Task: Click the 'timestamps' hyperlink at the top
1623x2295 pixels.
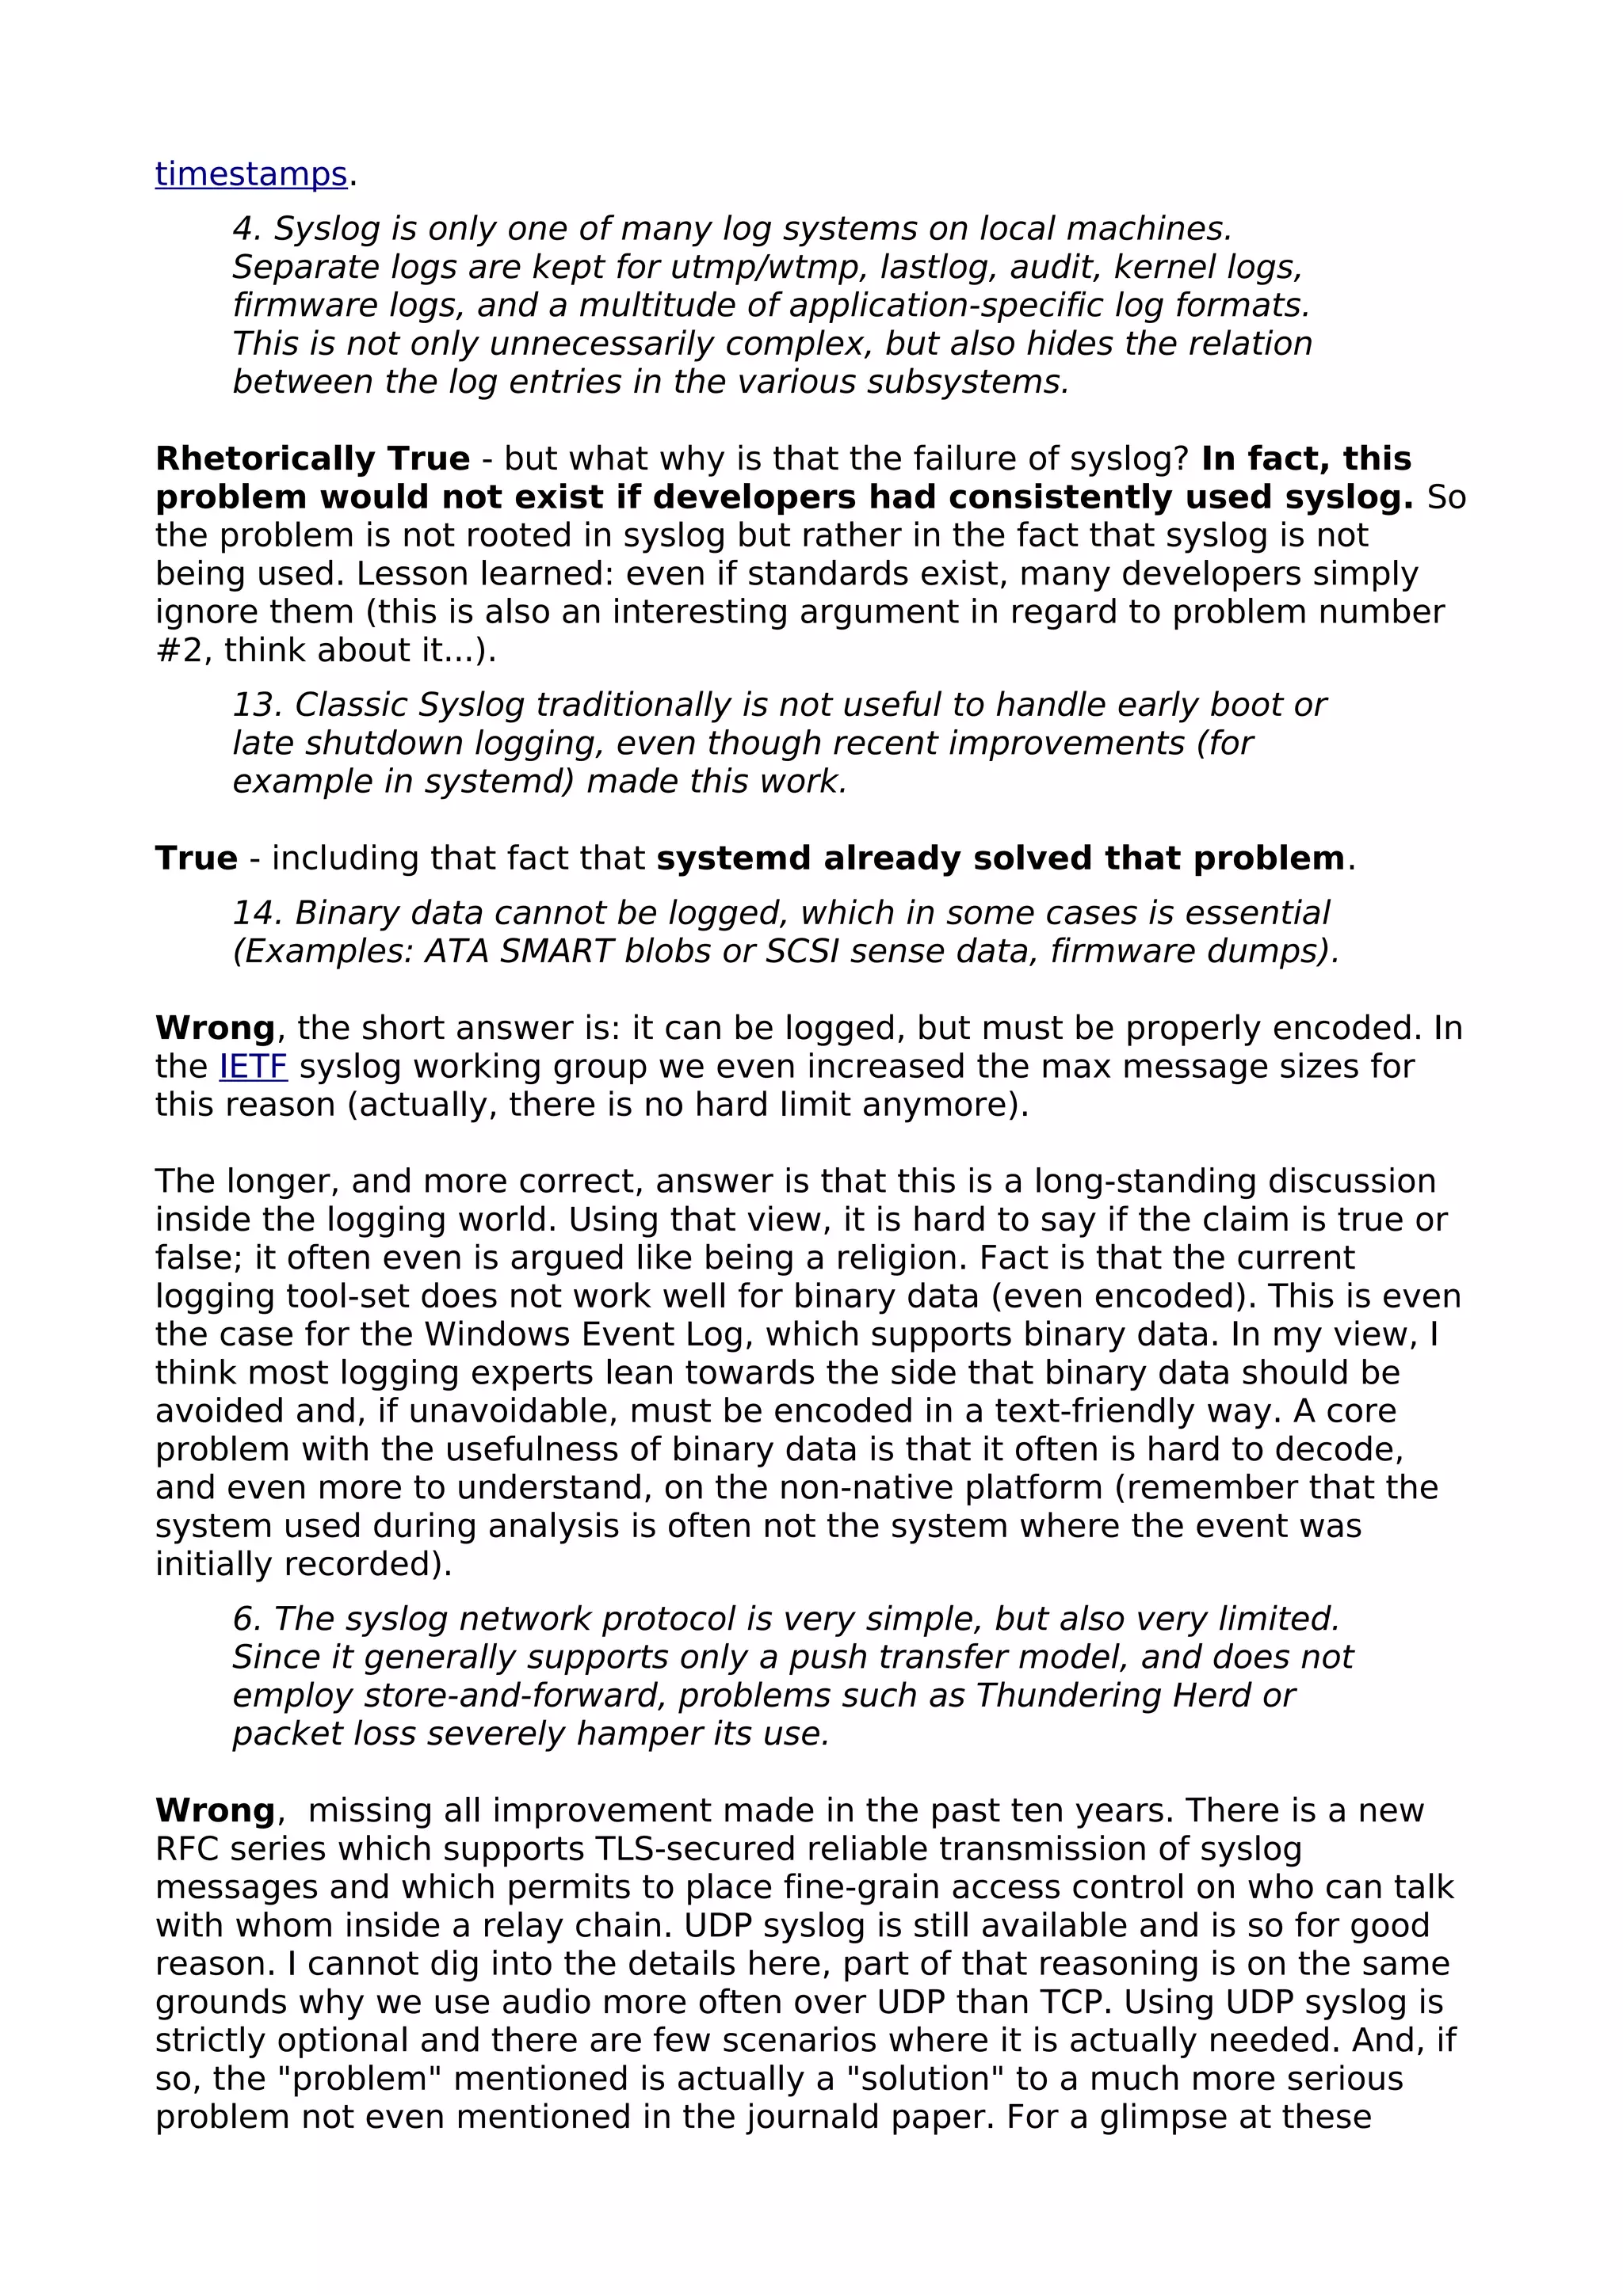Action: pos(251,174)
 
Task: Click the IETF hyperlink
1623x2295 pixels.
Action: pos(253,1067)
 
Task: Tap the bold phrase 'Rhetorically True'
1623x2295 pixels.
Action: pos(312,459)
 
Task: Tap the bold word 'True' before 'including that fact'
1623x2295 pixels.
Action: pos(196,858)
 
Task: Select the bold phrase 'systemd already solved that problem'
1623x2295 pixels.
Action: pos(1000,858)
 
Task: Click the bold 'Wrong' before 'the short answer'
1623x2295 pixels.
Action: pos(215,1028)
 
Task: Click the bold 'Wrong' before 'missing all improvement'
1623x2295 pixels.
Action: pos(215,1810)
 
